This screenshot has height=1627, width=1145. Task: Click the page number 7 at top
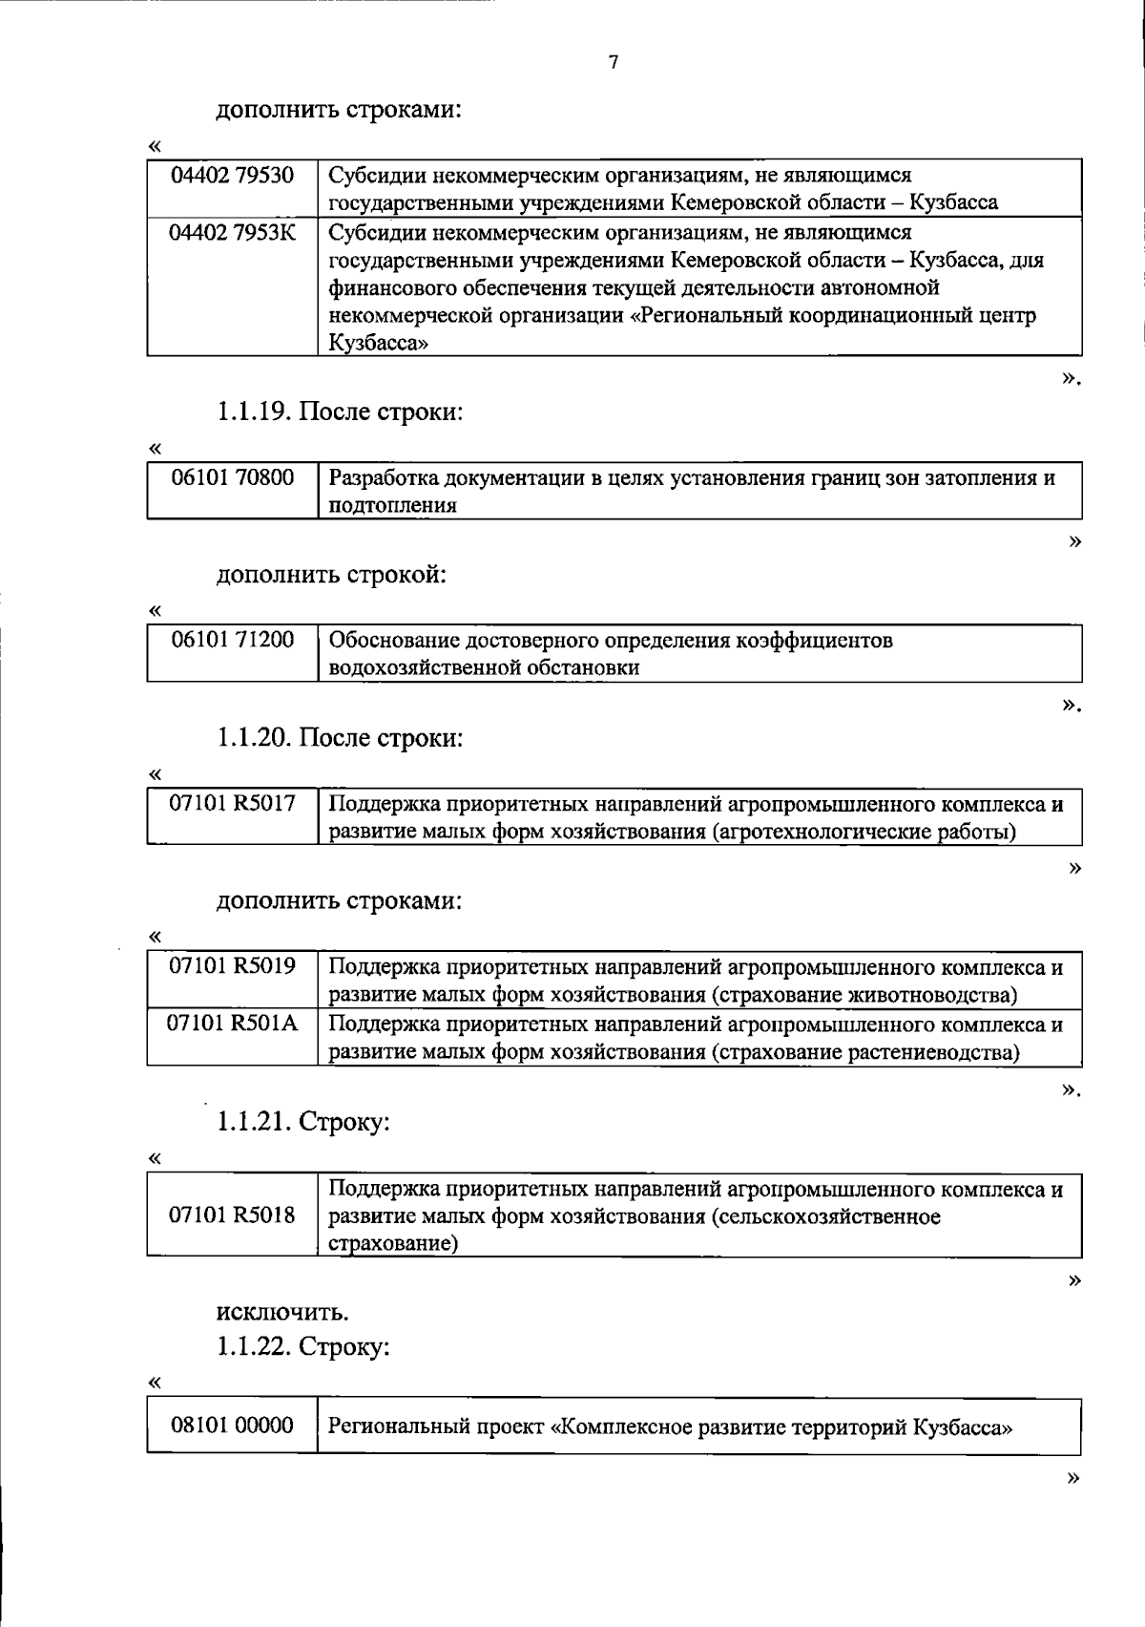click(x=613, y=63)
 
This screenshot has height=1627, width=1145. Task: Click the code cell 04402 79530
click(x=232, y=176)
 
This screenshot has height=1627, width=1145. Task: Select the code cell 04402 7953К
click(x=232, y=233)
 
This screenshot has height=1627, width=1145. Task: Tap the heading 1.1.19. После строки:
click(x=340, y=412)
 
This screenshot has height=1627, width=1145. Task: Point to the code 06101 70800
click(x=232, y=477)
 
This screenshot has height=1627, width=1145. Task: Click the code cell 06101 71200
click(x=232, y=640)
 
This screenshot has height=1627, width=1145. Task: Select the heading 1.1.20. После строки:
click(x=340, y=738)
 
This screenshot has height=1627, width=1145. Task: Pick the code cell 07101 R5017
click(x=232, y=804)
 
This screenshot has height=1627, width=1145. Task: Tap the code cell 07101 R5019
click(x=232, y=967)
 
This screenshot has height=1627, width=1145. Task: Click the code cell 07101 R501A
click(x=232, y=1025)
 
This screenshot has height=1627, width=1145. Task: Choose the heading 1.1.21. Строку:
click(x=303, y=1122)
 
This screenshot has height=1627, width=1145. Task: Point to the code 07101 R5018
click(x=232, y=1215)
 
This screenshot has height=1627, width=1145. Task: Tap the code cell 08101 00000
click(x=232, y=1426)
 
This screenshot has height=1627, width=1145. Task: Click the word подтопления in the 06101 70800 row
click(x=392, y=506)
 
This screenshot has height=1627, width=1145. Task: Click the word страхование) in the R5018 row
click(x=393, y=1244)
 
